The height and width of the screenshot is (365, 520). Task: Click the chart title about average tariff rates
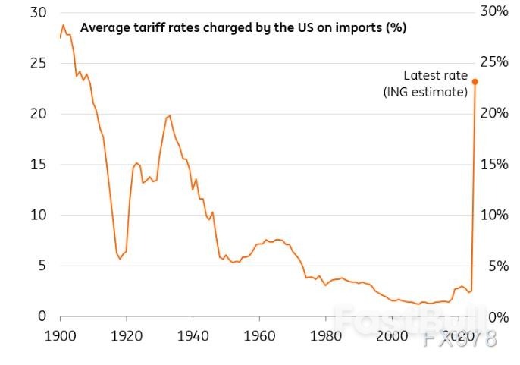[x=243, y=28]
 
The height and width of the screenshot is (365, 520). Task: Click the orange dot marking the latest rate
[x=475, y=82]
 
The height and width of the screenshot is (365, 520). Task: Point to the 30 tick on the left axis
[x=38, y=13]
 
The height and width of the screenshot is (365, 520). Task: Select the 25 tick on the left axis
[x=38, y=63]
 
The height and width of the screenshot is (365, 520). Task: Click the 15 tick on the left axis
[x=38, y=164]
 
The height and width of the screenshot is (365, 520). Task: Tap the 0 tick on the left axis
[x=42, y=316]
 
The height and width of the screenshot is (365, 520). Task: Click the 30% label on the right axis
[x=494, y=12]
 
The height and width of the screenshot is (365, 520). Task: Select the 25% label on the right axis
[x=494, y=62]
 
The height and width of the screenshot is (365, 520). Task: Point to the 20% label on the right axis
[x=494, y=113]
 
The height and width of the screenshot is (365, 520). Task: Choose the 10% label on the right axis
[x=494, y=215]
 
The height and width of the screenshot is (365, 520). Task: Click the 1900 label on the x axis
[x=60, y=336]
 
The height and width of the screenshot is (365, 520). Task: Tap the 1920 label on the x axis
[x=127, y=336]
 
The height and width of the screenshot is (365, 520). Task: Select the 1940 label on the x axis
[x=193, y=336]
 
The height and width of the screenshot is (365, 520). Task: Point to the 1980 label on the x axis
[x=326, y=336]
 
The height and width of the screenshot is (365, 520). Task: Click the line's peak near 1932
[x=169, y=116]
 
